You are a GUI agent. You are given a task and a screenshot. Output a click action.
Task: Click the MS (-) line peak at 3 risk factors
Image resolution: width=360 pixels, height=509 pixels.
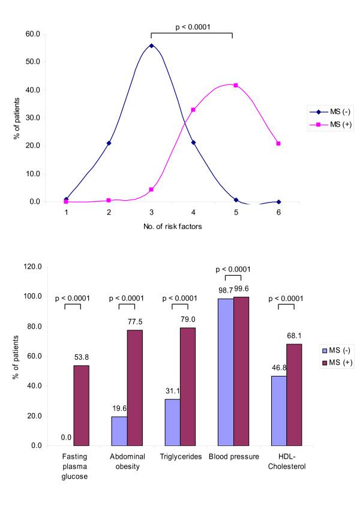[151, 46]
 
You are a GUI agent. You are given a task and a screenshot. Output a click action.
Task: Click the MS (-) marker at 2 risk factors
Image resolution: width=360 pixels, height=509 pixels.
[109, 143]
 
